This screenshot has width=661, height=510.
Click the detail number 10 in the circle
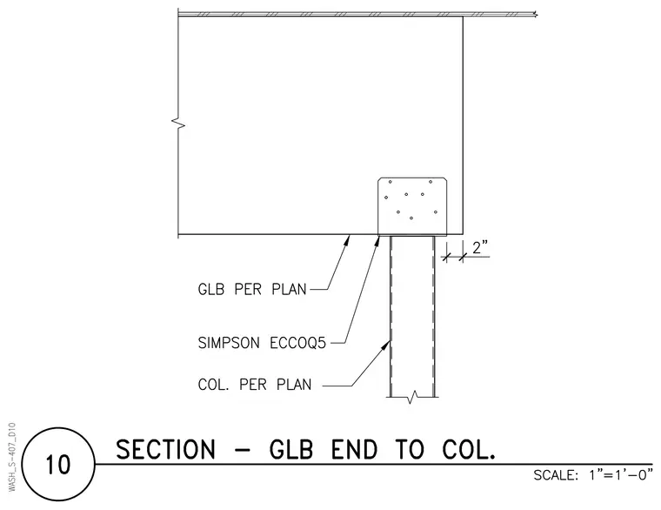pyautogui.click(x=57, y=465)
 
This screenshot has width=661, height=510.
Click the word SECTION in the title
pyautogui.click(x=165, y=449)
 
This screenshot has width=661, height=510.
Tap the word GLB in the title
pyautogui.click(x=291, y=449)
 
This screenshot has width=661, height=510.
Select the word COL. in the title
pyautogui.click(x=468, y=449)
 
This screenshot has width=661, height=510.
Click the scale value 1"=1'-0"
pyautogui.click(x=621, y=475)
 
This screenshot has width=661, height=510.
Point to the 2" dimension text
pyautogui.click(x=480, y=248)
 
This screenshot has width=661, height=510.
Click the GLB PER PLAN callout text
pyautogui.click(x=252, y=290)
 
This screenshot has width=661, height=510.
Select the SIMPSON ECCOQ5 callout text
pyautogui.click(x=262, y=343)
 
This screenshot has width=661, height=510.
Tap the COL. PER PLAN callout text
pyautogui.click(x=255, y=385)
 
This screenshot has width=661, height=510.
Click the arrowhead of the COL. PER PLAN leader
pyautogui.click(x=385, y=346)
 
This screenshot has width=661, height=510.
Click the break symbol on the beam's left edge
pyautogui.click(x=178, y=124)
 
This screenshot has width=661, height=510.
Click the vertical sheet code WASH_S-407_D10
pyautogui.click(x=12, y=456)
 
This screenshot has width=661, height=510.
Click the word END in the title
pyautogui.click(x=354, y=449)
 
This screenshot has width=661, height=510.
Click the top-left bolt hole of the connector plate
pyautogui.click(x=390, y=182)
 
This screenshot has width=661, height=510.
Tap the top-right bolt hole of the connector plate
pyautogui.click(x=431, y=182)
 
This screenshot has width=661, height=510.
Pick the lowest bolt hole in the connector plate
pyautogui.click(x=411, y=218)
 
